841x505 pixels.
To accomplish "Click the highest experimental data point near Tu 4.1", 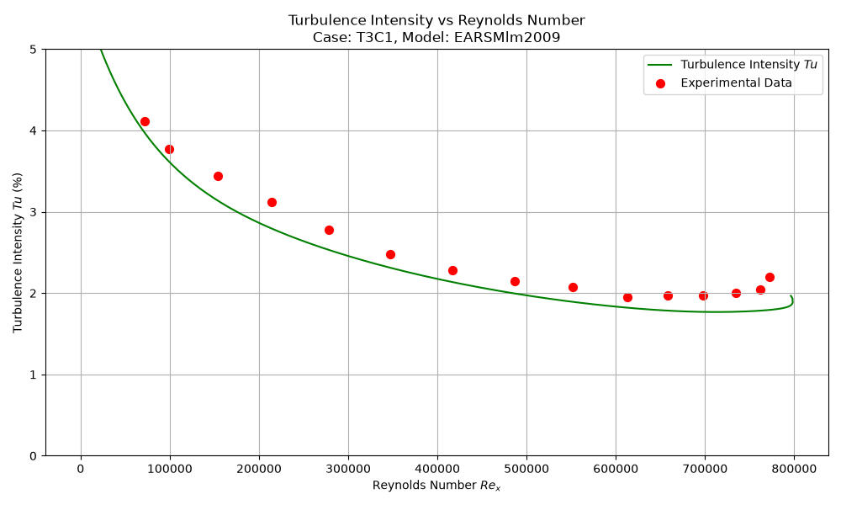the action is coord(145,122).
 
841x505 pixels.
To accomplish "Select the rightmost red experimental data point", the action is coord(770,278).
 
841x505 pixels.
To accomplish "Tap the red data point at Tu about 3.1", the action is coord(272,202).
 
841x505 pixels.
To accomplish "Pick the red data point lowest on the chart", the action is coord(627,297).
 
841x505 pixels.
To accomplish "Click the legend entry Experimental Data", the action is coord(736,82).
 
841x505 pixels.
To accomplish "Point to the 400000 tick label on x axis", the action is coord(437,469).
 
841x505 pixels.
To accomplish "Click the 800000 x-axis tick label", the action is coord(794,469).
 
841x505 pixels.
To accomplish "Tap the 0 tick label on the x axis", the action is coord(81,469).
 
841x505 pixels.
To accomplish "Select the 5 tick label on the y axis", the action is coord(34,50).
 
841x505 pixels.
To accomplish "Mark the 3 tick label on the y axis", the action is coord(34,212).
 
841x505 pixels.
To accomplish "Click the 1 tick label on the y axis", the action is coord(34,375).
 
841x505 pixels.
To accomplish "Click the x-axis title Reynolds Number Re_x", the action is coord(436,486).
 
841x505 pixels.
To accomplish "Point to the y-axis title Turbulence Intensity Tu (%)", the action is coord(18,252).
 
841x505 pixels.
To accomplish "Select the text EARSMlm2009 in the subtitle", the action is coord(507,38).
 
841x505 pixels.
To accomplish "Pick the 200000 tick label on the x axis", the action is coord(259,469).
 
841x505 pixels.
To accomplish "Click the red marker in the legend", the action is coord(660,83).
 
